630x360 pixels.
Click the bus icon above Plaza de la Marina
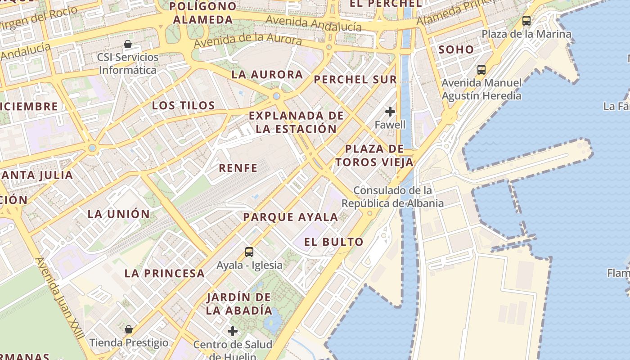(526, 21)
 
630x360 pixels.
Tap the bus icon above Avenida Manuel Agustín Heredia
(481, 70)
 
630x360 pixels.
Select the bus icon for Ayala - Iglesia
(249, 252)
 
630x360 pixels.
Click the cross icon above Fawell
(390, 112)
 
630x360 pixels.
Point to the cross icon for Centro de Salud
(233, 332)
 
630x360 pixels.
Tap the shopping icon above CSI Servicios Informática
(128, 44)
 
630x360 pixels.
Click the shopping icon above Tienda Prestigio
(129, 329)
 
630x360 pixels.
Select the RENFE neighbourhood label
(238, 168)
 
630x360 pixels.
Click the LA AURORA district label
(267, 75)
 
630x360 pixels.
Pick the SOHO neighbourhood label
(456, 49)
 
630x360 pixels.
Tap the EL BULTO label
(333, 242)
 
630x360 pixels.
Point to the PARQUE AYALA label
(290, 217)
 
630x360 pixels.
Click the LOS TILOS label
(183, 106)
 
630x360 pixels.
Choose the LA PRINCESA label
(164, 273)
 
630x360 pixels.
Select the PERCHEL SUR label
(355, 80)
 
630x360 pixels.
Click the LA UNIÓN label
(118, 214)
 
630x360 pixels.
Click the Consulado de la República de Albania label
(392, 197)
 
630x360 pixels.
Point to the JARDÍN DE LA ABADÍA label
(239, 304)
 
